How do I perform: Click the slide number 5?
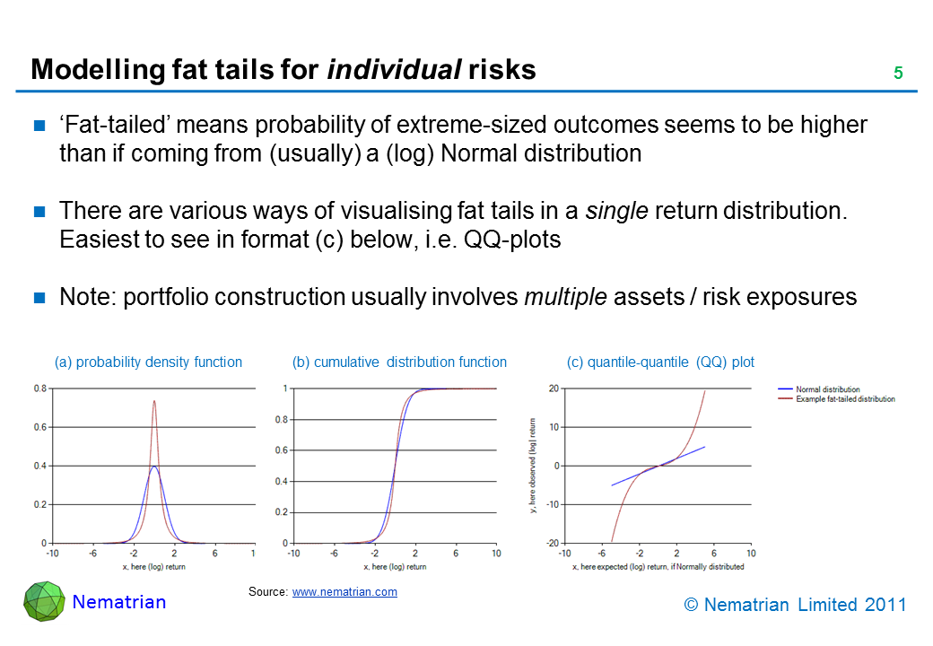coord(897,73)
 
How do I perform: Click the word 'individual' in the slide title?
coord(394,70)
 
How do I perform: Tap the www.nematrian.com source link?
coord(344,592)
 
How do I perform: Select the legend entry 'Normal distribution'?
coord(827,389)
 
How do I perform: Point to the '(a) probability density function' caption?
coord(148,362)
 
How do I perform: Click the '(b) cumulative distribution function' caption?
coord(399,362)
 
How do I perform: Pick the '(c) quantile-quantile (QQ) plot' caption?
coord(660,362)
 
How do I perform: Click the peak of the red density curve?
coord(154,401)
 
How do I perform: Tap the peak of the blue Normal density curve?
coord(154,467)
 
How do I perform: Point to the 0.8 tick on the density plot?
coord(40,388)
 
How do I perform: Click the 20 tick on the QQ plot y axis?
coord(554,388)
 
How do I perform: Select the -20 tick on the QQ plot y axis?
coord(553,543)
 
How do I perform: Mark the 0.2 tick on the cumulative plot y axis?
coord(282,512)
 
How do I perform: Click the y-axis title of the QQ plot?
coord(532,466)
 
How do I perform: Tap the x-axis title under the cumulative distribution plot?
coord(395,567)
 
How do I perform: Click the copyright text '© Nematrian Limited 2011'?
coord(795,605)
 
